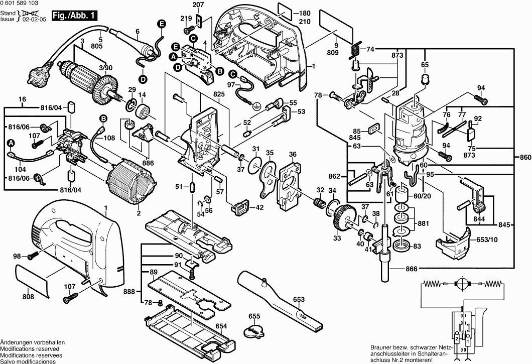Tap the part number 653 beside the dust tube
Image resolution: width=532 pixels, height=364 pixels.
tap(299, 300)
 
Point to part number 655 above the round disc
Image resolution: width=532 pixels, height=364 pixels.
tap(254, 316)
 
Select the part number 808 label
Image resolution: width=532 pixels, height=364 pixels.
tap(28, 297)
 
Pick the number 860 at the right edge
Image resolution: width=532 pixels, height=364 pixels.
tap(525, 158)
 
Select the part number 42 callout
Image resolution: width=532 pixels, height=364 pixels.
tap(259, 207)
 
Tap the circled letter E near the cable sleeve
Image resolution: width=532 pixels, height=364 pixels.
tap(161, 24)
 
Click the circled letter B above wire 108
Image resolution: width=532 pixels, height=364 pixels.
tap(103, 118)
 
